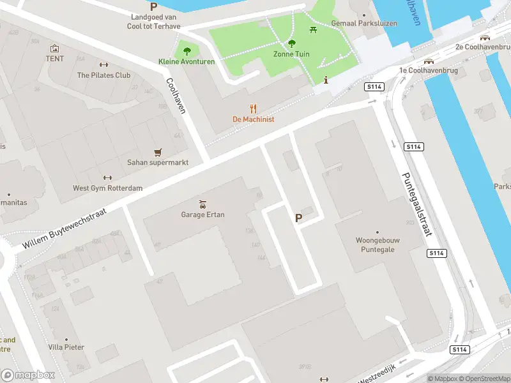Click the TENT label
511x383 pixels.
(x=55, y=59)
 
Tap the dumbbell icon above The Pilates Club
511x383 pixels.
(x=104, y=64)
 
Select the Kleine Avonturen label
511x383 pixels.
(x=187, y=61)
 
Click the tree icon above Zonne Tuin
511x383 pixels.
(x=292, y=43)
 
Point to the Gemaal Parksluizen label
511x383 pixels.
(x=364, y=24)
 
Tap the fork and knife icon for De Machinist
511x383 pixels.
(x=253, y=109)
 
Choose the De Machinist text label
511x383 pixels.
(x=253, y=119)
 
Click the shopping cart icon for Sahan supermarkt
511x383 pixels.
(x=158, y=153)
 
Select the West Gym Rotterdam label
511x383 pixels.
(x=107, y=188)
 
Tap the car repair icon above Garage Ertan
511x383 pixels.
(x=202, y=204)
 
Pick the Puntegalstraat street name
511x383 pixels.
(x=415, y=204)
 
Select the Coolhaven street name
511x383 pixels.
(x=176, y=96)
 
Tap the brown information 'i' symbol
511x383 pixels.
(x=326, y=80)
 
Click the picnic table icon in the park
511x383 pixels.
(x=313, y=29)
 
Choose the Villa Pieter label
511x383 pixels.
(x=66, y=348)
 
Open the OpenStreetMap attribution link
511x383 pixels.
(x=482, y=379)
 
